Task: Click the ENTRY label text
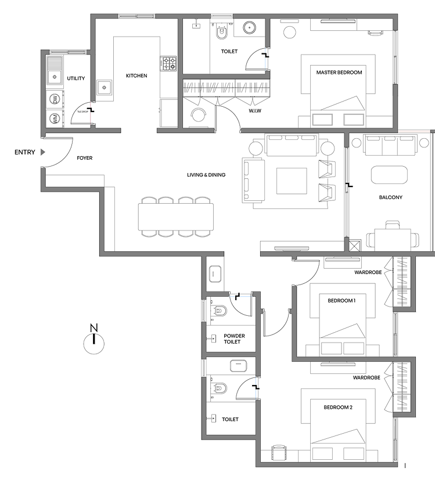[24, 153]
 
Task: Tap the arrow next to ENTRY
[42, 153]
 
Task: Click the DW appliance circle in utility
[54, 99]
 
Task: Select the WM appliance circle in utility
[54, 118]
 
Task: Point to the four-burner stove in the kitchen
[168, 63]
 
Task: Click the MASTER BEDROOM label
[339, 73]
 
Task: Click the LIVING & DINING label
[206, 175]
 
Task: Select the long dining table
[175, 217]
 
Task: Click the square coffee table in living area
[292, 181]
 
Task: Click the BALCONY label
[390, 197]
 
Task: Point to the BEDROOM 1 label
[341, 300]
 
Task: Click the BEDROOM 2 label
[338, 407]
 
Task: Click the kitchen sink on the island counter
[105, 88]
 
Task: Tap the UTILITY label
[76, 78]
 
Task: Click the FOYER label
[85, 157]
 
